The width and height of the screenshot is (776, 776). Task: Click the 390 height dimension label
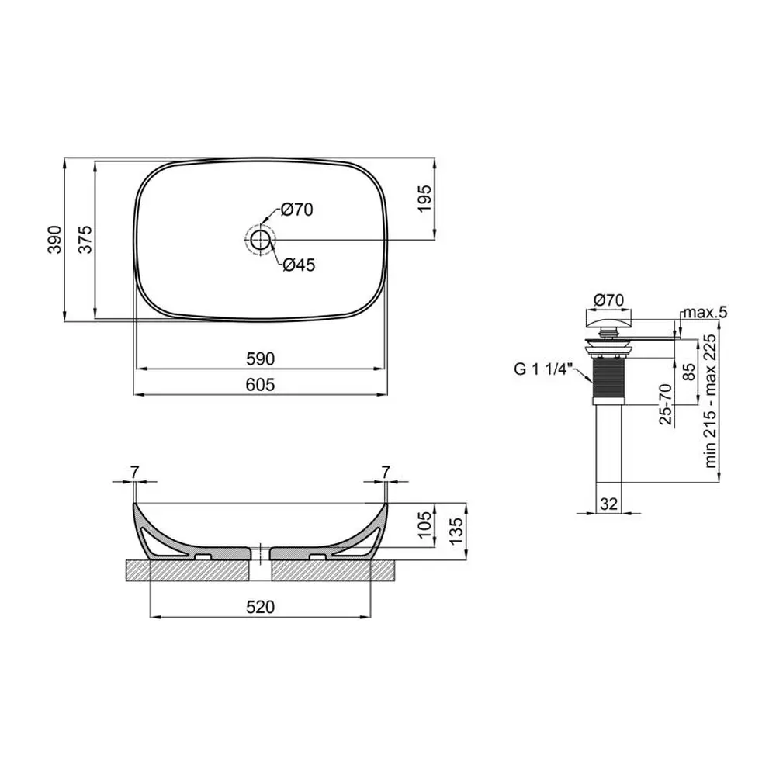pyautogui.click(x=55, y=240)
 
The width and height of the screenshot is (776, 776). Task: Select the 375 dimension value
pyautogui.click(x=85, y=240)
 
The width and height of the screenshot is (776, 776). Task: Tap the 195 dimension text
pyautogui.click(x=425, y=199)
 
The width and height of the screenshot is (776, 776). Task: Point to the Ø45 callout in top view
pyautogui.click(x=299, y=265)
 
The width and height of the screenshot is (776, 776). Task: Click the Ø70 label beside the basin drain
pyautogui.click(x=297, y=210)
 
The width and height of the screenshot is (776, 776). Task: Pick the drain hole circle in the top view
pyautogui.click(x=260, y=240)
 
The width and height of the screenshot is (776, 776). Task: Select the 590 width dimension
pyautogui.click(x=260, y=359)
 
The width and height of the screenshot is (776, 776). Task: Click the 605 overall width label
pyautogui.click(x=260, y=385)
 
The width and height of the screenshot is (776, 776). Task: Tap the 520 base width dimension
pyautogui.click(x=260, y=607)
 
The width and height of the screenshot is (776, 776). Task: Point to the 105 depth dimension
pyautogui.click(x=425, y=525)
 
